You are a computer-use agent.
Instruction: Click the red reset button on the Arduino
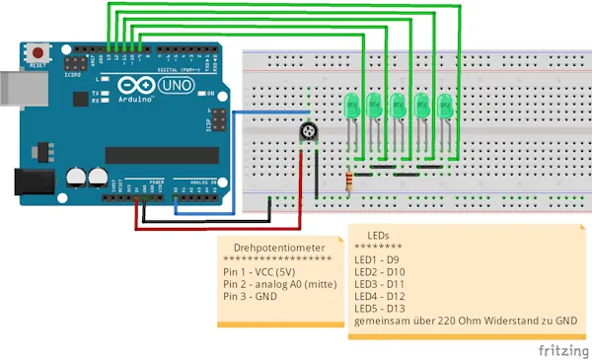tap(37, 51)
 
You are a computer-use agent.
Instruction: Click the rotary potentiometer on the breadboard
tap(309, 131)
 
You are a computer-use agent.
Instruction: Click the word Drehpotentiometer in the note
tap(272, 248)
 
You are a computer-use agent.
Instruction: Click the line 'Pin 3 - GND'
tap(251, 296)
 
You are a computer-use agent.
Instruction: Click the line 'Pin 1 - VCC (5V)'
tap(259, 271)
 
